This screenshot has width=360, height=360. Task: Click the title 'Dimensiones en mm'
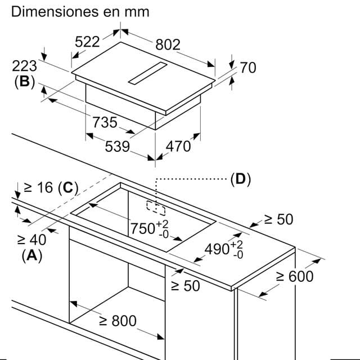[x=80, y=11]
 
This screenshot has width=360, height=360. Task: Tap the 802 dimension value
[x=168, y=45]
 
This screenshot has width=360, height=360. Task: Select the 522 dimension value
[x=87, y=41]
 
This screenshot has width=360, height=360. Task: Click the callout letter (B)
[x=24, y=82]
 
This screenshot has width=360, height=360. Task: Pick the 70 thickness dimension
[x=247, y=67]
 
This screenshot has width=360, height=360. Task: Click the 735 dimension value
[x=105, y=122]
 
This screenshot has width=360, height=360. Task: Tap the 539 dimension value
[x=118, y=147]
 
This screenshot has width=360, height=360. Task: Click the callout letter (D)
[x=240, y=179]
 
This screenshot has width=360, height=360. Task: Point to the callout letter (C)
[x=67, y=188]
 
